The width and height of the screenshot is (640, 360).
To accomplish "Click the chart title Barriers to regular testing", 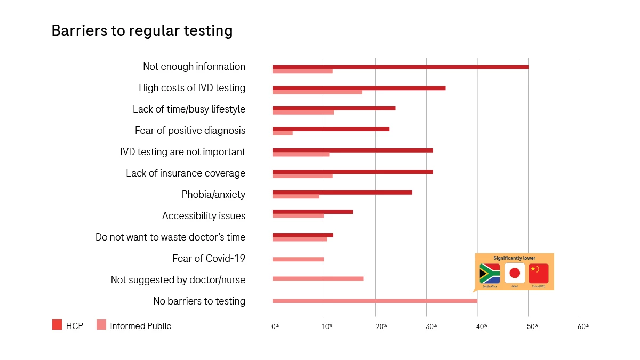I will pos(142,31).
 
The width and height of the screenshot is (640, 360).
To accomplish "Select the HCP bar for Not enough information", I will pos(400,67).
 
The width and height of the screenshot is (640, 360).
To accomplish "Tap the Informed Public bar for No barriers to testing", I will pos(374,301).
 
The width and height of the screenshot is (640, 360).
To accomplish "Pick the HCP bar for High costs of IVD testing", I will pos(358,88).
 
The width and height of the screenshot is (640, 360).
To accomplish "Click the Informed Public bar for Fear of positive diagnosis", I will pos(282,133).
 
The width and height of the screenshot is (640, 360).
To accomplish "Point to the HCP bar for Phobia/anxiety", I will pos(342,192).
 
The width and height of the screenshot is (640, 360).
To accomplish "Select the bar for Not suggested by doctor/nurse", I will pos(317,278).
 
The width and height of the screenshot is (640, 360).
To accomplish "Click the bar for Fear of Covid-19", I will pos(298,259).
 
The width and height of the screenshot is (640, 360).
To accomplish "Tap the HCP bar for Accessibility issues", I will pos(312,212).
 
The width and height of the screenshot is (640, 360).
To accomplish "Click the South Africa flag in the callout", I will pos(490,274).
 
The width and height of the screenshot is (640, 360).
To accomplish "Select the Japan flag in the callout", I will pos(515,273).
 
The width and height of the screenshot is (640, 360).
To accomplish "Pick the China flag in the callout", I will pos(538,273).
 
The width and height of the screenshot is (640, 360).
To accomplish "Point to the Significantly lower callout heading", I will pos(514,258).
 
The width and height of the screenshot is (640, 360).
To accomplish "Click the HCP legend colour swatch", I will pos(57,325).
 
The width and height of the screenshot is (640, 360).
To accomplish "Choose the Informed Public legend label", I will pos(140,326).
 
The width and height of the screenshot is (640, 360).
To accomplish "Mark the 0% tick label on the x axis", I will pos(275,326).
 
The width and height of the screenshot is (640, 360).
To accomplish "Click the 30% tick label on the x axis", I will pos(430,326).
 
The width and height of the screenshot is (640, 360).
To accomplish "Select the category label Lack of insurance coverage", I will pos(186,173).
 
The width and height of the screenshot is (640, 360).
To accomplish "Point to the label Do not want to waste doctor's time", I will pos(170,237).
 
